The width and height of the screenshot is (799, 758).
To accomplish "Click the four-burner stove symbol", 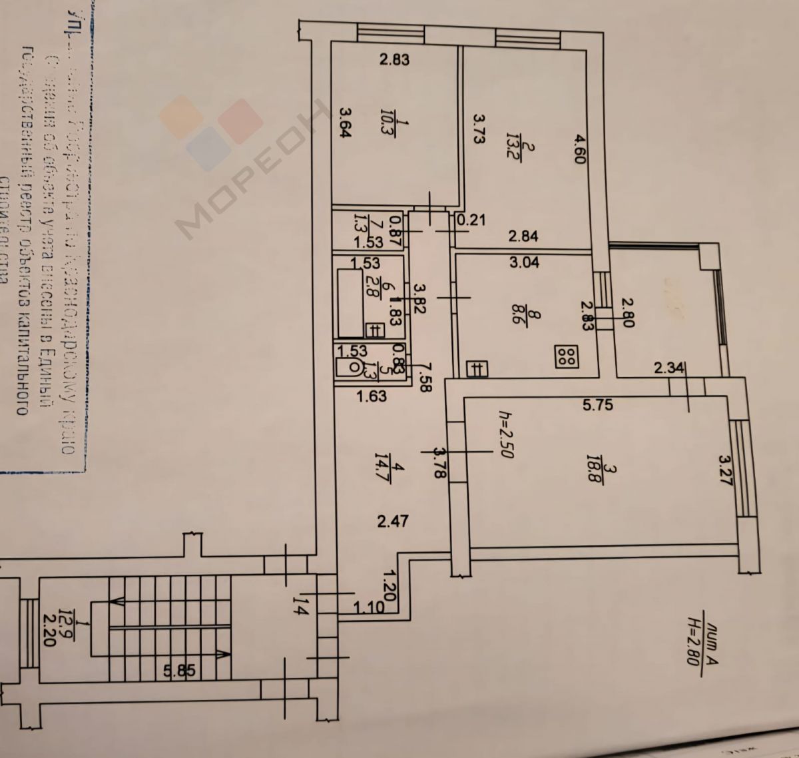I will tap(567, 357).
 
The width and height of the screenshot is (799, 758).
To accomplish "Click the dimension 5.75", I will tap(597, 404).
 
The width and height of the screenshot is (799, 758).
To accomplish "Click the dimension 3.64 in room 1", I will tap(345, 123).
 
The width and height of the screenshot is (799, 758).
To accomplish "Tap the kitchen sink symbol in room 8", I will tap(477, 368).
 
